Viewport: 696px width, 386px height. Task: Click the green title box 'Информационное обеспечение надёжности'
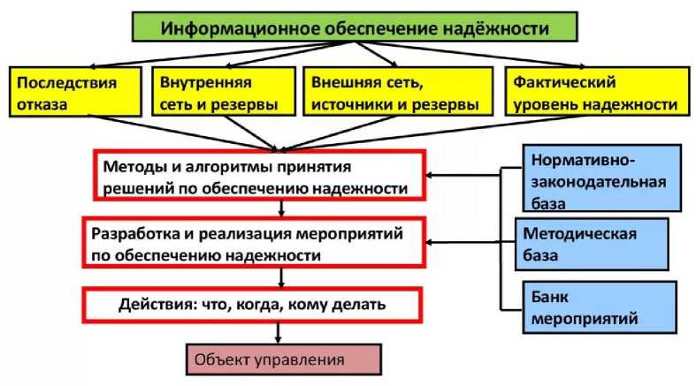(354, 28)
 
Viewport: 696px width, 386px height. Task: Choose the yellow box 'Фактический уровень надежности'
(595, 92)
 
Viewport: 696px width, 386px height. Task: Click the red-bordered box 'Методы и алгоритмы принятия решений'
(256, 176)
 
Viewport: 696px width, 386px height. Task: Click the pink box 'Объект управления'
(281, 360)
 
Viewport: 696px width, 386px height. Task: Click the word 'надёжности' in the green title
(497, 28)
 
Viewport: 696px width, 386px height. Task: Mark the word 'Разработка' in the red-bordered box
(130, 233)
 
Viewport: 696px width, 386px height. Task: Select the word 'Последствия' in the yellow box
(65, 81)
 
